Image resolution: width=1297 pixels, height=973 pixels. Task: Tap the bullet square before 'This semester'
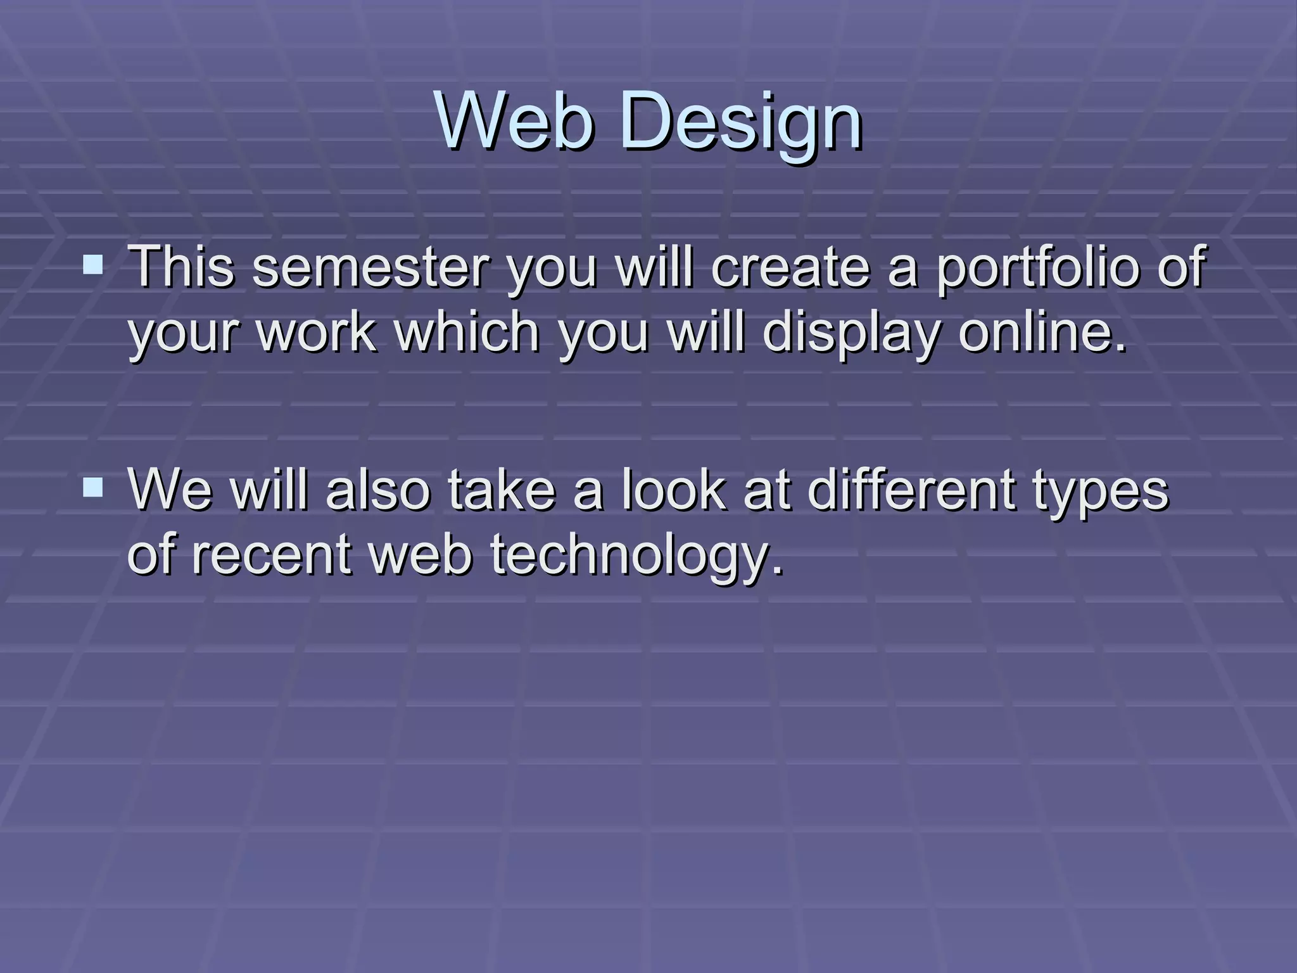click(93, 264)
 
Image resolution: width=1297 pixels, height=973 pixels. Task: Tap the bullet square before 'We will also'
click(93, 487)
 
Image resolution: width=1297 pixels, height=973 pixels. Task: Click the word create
click(790, 268)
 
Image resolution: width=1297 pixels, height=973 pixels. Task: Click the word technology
click(637, 555)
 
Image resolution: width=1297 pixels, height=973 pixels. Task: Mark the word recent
click(271, 555)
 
